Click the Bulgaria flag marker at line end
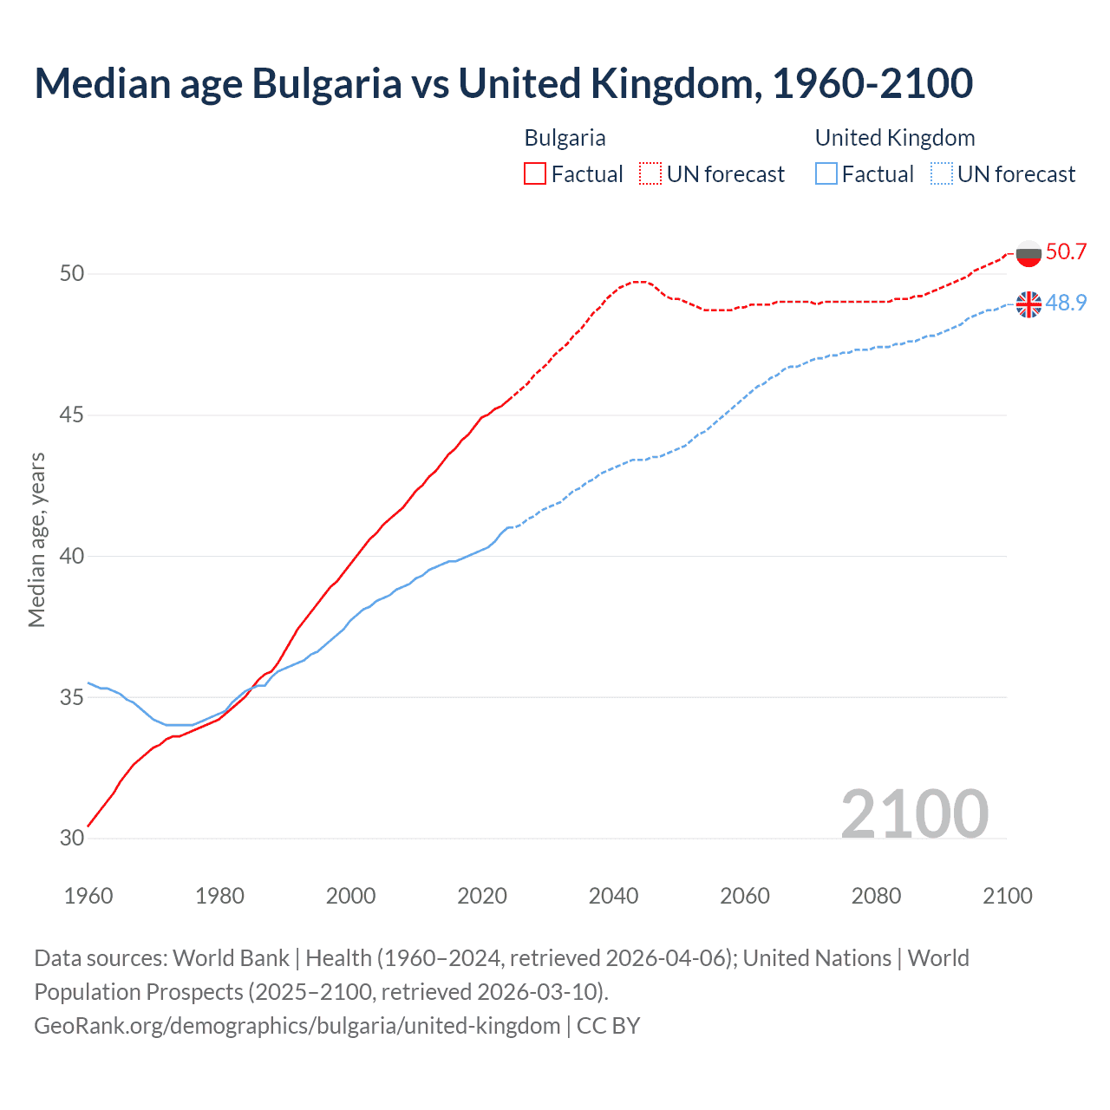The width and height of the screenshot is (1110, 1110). [x=1028, y=253]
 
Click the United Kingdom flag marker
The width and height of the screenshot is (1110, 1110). [x=1028, y=304]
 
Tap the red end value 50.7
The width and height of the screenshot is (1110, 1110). [x=1066, y=252]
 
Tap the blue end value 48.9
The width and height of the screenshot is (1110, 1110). [x=1066, y=303]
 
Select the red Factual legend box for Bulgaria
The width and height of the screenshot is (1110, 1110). [x=535, y=173]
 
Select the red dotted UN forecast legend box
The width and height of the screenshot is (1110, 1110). [x=650, y=173]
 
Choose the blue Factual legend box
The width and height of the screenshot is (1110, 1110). [x=826, y=173]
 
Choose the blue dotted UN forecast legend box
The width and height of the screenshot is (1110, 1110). [x=942, y=173]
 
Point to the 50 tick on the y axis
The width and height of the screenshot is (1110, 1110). [x=72, y=274]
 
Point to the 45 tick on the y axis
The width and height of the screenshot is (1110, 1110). [x=72, y=415]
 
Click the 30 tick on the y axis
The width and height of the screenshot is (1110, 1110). [x=72, y=839]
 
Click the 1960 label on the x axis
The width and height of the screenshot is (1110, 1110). [x=88, y=896]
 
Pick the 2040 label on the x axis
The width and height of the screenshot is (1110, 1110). [x=613, y=896]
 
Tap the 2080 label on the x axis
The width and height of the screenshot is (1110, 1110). [x=876, y=896]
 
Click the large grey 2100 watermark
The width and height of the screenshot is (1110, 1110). [x=914, y=813]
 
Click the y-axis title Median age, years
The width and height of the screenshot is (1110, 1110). [x=36, y=539]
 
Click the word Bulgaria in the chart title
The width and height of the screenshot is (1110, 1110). [x=327, y=83]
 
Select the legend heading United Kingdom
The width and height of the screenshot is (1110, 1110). [x=895, y=138]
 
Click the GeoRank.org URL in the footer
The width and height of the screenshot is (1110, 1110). [x=297, y=1026]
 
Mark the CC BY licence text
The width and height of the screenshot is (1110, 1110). [x=608, y=1026]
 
